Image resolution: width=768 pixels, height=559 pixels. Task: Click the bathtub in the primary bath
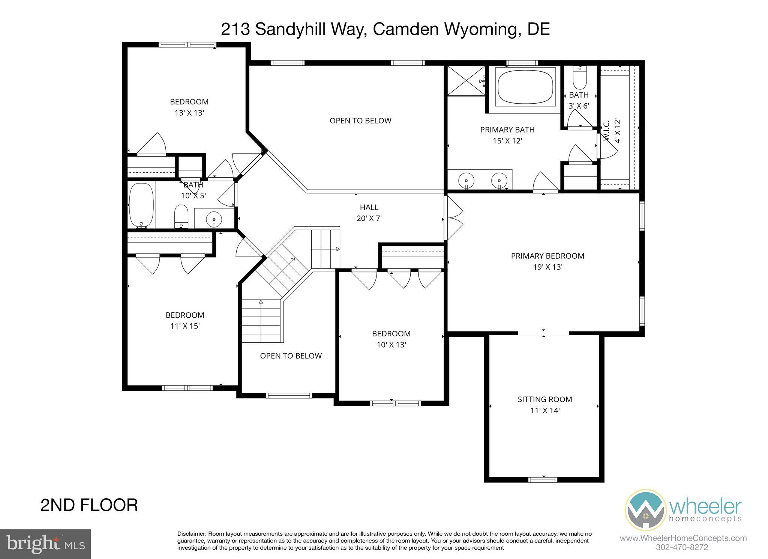(525, 87)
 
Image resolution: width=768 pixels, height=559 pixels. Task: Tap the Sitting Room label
(544, 399)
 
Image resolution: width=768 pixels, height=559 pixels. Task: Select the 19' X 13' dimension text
(547, 267)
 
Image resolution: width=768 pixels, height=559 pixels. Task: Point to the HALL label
(369, 207)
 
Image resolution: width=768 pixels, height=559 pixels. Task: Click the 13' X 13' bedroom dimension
(189, 113)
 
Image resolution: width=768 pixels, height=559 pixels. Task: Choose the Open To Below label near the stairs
(291, 356)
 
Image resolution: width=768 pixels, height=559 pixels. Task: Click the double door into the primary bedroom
(453, 218)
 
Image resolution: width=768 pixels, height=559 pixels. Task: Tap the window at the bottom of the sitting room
(543, 479)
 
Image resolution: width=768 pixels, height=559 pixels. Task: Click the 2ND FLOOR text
(89, 505)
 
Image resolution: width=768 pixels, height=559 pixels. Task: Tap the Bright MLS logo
(45, 544)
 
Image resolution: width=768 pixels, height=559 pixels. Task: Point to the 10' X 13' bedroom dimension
(391, 345)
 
